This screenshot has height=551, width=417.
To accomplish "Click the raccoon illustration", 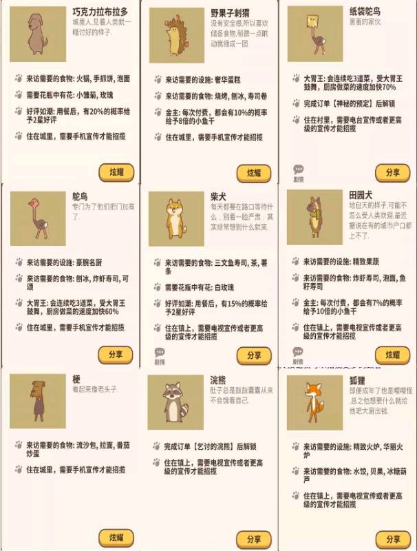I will click(x=174, y=402).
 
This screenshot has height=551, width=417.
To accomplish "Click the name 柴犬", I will click(x=218, y=196).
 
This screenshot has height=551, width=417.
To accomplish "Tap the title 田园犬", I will click(x=360, y=196).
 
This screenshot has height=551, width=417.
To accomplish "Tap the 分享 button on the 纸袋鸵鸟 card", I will click(x=392, y=172).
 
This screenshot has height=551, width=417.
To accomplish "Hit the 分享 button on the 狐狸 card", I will click(x=392, y=539).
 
